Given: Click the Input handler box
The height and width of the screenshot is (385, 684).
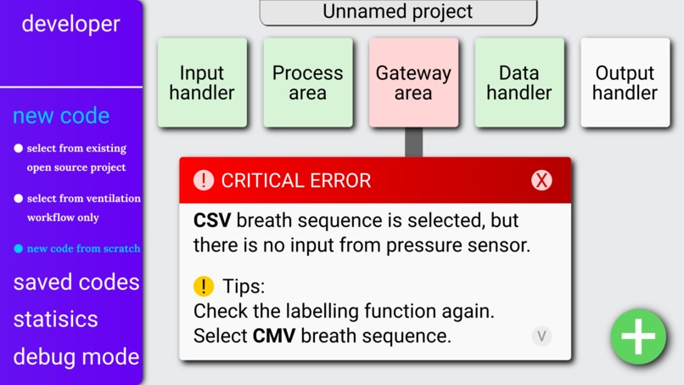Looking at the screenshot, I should pos(202,83).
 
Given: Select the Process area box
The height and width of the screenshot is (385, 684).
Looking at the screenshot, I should pos(308,83).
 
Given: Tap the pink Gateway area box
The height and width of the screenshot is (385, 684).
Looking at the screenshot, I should pos(413,83).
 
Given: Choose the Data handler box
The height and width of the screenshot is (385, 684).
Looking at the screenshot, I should pos(519,83).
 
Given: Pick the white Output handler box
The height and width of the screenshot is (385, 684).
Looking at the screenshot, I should pos(625,83).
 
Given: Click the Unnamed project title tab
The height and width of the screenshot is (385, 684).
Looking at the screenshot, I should pos(398,12).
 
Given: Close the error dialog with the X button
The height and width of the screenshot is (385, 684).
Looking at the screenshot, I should pos(541,180).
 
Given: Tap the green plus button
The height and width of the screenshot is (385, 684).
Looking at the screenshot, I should pos(638,337).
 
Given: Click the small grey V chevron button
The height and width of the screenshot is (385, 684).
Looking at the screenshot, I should pos(541,336).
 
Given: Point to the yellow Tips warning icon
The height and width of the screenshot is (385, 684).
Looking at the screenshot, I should pos(204,286).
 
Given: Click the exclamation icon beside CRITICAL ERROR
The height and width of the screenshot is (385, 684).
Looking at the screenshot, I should pos(204,180).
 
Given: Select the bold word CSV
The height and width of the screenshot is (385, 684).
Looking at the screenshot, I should pos(212,221).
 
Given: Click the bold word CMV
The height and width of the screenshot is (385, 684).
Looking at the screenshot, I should pos(274,336).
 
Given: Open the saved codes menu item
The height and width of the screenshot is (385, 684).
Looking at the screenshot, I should pos(76,282).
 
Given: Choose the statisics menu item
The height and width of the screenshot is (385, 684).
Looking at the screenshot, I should pos(55,320).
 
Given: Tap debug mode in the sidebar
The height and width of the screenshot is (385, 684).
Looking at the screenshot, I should pos(76,356).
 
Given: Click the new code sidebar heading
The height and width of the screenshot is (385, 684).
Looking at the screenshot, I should pos(61,116).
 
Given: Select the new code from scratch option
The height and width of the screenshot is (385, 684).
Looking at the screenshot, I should pos(83,249).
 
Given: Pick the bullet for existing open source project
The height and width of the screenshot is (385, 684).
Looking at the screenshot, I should pos(19,149).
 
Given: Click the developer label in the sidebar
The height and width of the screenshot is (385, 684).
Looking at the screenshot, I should pos(71,24).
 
